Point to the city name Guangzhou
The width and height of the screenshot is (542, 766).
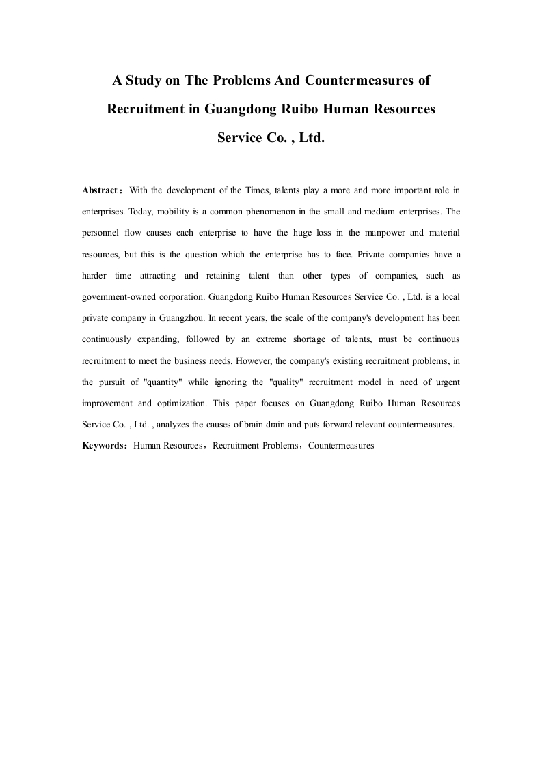coord(180,317)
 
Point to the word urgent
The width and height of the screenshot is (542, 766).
coord(447,382)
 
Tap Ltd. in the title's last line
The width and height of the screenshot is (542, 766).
coord(311,137)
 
